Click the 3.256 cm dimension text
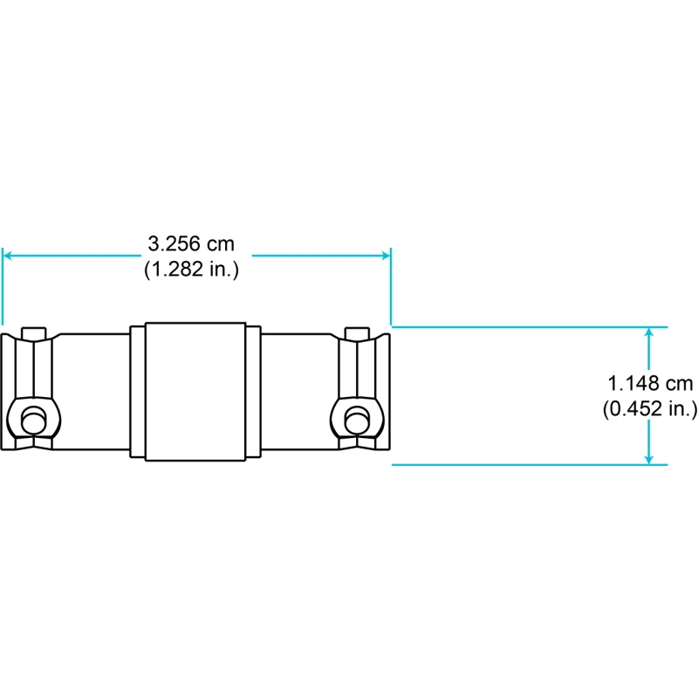pyautogui.click(x=191, y=243)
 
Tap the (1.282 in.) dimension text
pyautogui.click(x=191, y=270)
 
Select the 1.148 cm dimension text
pyautogui.click(x=650, y=383)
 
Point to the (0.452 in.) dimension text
pyautogui.click(x=650, y=408)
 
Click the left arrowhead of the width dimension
pyautogui.click(x=6, y=256)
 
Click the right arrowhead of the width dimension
pyautogui.click(x=387, y=256)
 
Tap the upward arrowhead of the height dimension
pyautogui.click(x=649, y=332)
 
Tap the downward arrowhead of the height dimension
pyautogui.click(x=649, y=460)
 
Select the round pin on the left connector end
pyautogui.click(x=33, y=419)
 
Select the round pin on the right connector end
pyautogui.click(x=357, y=419)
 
